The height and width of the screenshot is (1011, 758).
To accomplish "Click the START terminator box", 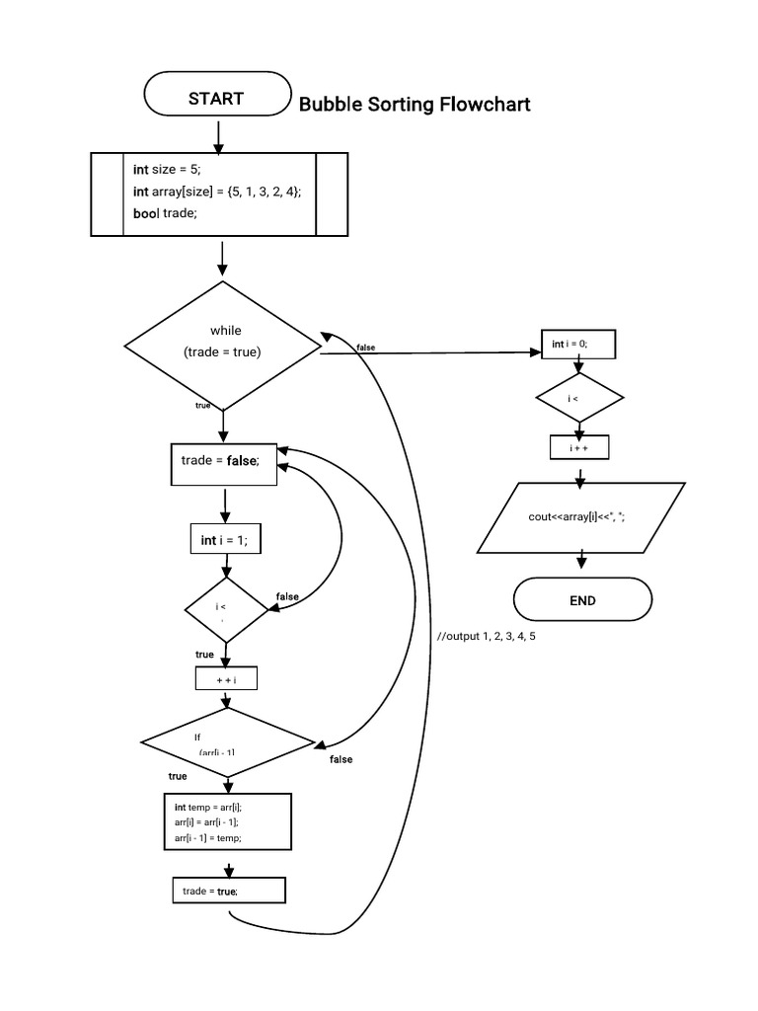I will (216, 98).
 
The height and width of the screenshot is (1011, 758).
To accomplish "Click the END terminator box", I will (582, 600).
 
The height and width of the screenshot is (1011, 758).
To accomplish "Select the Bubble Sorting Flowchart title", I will (415, 104).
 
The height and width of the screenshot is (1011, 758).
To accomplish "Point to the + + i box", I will (227, 680).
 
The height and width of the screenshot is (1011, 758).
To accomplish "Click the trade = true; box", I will (228, 892).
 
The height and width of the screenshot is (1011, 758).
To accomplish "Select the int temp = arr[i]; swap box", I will (227, 821).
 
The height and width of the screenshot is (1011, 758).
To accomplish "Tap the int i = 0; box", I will (578, 344).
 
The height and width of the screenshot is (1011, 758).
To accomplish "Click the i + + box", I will (579, 448).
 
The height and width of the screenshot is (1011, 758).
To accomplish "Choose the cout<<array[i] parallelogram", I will (580, 516).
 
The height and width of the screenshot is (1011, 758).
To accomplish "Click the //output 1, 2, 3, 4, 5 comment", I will (487, 637).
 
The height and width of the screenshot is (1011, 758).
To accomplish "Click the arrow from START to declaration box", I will (218, 132).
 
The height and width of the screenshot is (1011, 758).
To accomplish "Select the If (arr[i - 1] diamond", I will (228, 741).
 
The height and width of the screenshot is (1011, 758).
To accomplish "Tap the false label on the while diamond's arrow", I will (365, 348).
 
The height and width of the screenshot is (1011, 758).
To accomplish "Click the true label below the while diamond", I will (202, 406).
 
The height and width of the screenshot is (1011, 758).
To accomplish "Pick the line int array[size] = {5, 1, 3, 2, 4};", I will (217, 192).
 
